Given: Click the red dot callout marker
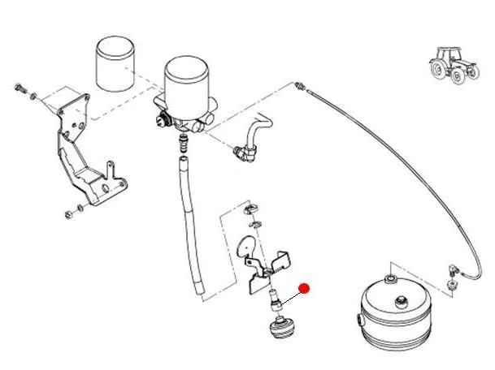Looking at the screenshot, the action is click(x=305, y=287).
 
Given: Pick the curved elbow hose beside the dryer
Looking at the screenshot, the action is click(x=250, y=137).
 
